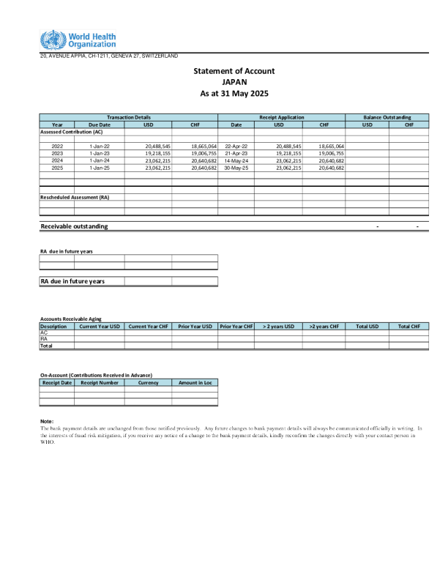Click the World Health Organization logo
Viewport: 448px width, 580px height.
coord(78,40)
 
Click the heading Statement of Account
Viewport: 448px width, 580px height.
coord(234,71)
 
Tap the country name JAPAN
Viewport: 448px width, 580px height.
coord(234,83)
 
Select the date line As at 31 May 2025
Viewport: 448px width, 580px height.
coord(234,94)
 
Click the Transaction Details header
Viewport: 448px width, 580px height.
coord(129,117)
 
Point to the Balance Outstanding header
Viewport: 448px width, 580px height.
coord(387,117)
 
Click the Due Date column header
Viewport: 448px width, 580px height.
coord(99,124)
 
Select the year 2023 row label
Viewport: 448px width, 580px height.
coord(57,154)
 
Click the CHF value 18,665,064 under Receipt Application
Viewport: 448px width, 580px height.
coord(332,146)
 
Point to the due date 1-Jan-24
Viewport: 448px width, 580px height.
coord(99,160)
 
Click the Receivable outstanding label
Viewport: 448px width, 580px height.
coord(74,226)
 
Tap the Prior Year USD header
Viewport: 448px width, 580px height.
coord(195,326)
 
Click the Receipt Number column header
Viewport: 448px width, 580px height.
coord(99,382)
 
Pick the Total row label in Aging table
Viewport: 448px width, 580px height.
coord(46,346)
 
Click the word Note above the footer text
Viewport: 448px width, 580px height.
coord(47,421)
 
